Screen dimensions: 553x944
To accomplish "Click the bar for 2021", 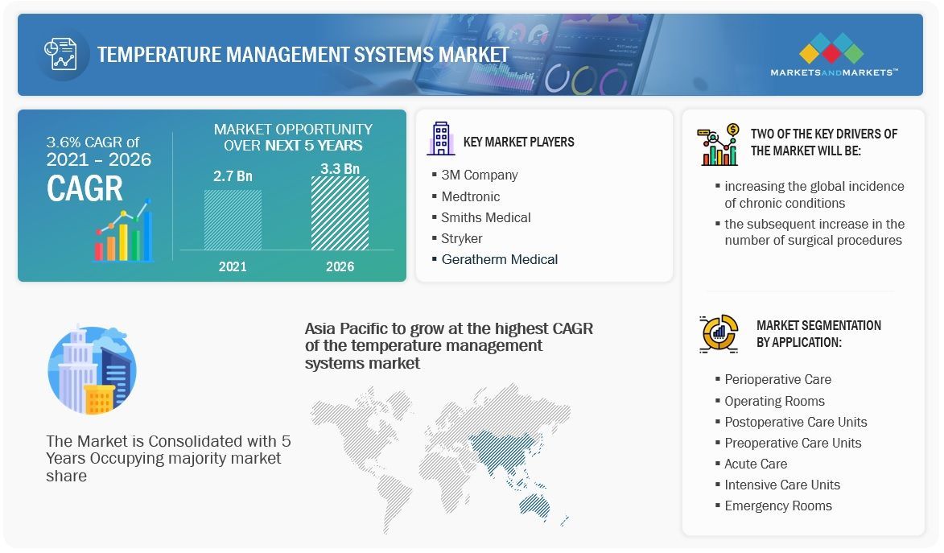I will tap(233, 219).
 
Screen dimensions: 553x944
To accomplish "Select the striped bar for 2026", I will tap(340, 213).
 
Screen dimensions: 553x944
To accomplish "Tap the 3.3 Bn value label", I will tap(340, 168).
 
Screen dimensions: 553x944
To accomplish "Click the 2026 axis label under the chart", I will tap(340, 266).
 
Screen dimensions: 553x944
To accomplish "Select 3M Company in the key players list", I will tap(479, 175).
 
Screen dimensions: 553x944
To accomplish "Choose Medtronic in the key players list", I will tap(470, 196).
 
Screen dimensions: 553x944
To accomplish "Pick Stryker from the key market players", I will tap(461, 238).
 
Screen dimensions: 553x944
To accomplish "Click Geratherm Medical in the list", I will tap(499, 259).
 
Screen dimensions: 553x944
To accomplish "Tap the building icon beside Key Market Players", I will tap(440, 139).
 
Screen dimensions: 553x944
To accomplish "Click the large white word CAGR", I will tap(85, 188).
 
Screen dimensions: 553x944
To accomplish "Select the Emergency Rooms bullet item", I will tap(777, 506).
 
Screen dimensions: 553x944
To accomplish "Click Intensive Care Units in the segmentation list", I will tap(781, 485).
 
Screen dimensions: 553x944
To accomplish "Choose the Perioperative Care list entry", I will tap(777, 379).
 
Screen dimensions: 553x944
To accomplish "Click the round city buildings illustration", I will tap(92, 371).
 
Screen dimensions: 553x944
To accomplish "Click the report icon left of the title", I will tap(61, 54).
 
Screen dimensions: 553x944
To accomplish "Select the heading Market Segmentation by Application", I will tap(818, 333).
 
